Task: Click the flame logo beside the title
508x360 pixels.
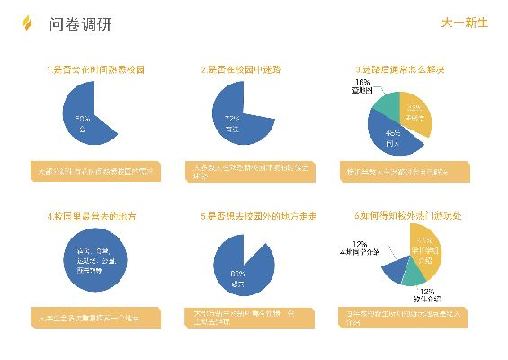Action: point(26,23)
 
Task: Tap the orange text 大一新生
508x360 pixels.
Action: point(465,23)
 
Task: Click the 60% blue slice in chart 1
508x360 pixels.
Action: point(84,121)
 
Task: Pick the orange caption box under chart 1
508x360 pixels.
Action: point(95,171)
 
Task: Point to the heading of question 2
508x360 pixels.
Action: point(245,69)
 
